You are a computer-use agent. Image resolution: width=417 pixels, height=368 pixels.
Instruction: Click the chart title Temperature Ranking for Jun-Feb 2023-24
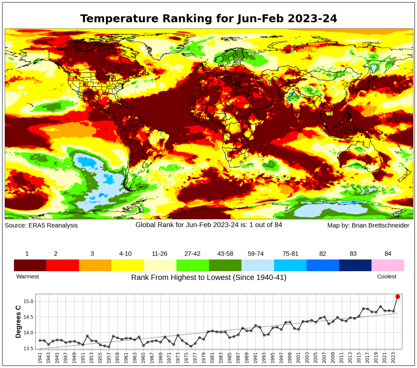(x=208, y=18)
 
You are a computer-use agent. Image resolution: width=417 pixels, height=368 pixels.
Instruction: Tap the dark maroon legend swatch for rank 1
(x=30, y=265)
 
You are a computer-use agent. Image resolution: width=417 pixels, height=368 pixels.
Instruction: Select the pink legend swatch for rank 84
(x=387, y=265)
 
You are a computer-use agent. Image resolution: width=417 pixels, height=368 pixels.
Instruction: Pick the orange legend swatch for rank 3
(x=95, y=265)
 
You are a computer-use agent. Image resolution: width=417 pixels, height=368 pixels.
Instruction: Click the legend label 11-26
(x=160, y=254)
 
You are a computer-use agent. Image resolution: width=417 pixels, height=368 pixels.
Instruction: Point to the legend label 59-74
(x=257, y=254)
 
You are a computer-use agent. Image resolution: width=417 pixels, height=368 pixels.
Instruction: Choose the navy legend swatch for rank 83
(x=355, y=265)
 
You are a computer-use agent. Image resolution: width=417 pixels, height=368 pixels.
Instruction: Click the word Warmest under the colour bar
(x=28, y=276)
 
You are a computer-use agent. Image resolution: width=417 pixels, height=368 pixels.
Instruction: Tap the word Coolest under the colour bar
(x=386, y=276)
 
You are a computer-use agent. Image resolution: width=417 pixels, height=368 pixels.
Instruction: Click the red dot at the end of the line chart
(x=398, y=296)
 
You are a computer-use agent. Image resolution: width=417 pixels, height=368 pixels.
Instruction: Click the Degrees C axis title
(x=18, y=322)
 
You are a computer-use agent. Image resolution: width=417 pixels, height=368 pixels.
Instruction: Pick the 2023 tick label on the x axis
(x=392, y=358)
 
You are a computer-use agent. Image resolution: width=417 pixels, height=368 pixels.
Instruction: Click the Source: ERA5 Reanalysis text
(x=41, y=226)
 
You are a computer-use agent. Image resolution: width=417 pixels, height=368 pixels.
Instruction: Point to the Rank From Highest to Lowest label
(x=208, y=277)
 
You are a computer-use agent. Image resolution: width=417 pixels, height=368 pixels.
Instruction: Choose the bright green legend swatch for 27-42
(x=192, y=265)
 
